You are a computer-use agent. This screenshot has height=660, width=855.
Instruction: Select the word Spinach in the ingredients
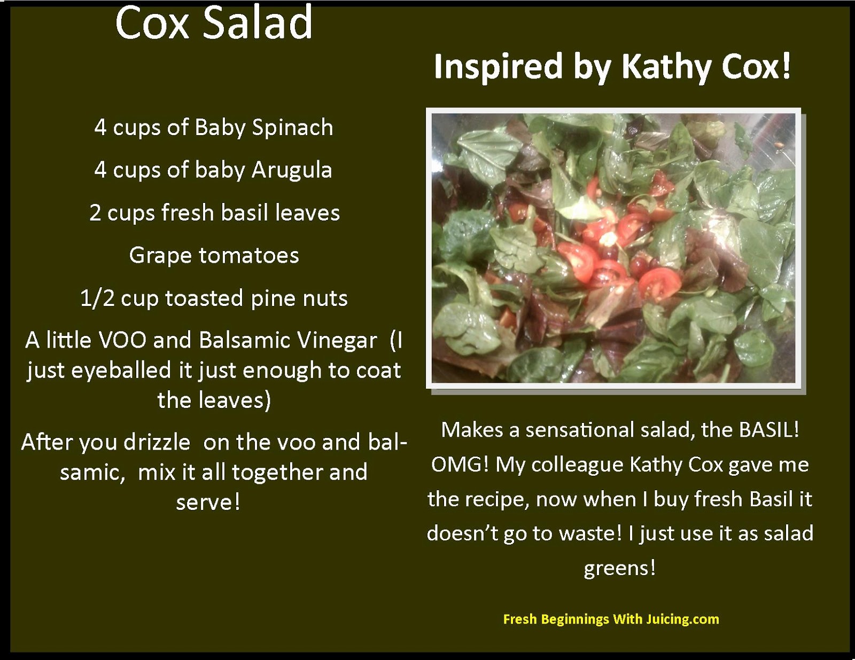292,128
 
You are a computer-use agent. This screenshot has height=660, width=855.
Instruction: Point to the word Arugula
292,170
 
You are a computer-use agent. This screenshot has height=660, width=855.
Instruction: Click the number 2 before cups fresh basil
95,213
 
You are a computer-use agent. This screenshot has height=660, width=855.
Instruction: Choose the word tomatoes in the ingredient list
249,255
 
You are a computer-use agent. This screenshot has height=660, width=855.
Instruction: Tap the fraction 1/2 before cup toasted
97,298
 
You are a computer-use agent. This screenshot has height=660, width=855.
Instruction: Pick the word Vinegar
338,341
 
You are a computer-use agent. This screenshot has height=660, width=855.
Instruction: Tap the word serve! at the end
208,502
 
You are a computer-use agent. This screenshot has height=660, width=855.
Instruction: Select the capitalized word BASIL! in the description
769,430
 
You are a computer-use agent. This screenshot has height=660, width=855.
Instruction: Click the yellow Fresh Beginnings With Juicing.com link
611,619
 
